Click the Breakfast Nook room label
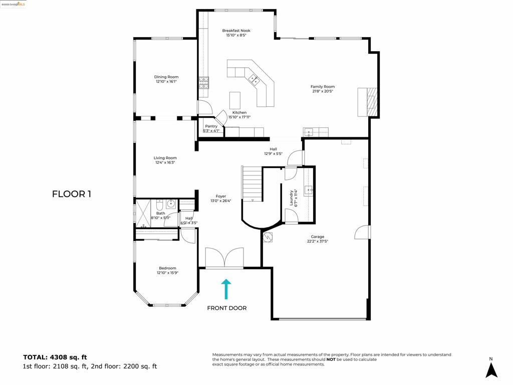pyautogui.click(x=236, y=31)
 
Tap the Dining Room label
pyautogui.click(x=166, y=77)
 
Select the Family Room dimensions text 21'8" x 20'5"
pyautogui.click(x=322, y=91)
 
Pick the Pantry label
pyautogui.click(x=211, y=126)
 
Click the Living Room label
pyautogui.click(x=165, y=158)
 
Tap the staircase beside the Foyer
pyautogui.click(x=252, y=184)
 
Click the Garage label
pyautogui.click(x=317, y=237)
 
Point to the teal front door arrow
pyautogui.click(x=226, y=289)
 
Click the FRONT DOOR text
pyautogui.click(x=226, y=308)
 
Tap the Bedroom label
pyautogui.click(x=167, y=268)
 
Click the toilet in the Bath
pyautogui.click(x=159, y=206)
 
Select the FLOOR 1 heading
pyautogui.click(x=71, y=194)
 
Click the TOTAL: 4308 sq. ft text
pyautogui.click(x=55, y=357)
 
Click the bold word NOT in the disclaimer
pyautogui.click(x=331, y=359)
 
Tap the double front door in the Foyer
pyautogui.click(x=224, y=258)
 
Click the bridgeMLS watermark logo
pyautogui.click(x=14, y=4)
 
